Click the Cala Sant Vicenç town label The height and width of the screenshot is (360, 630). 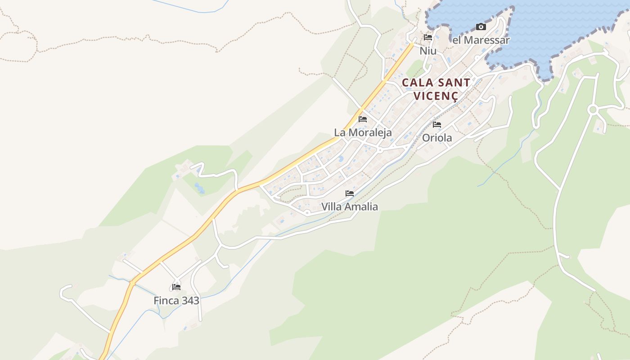(436, 89)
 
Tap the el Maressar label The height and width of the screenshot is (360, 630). (481, 40)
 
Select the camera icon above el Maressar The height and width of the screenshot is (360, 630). (481, 27)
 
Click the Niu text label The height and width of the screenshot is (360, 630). (428, 51)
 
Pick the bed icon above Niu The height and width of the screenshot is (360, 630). (428, 37)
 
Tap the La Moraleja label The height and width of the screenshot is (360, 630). (363, 133)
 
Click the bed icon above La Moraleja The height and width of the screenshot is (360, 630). (363, 119)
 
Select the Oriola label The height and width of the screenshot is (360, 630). (437, 138)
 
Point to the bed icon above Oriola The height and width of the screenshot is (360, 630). (437, 125)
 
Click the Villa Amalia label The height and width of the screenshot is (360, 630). (350, 207)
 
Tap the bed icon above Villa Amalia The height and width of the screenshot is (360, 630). (350, 193)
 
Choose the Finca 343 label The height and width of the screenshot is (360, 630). (176, 301)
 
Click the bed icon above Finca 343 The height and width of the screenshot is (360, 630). (176, 287)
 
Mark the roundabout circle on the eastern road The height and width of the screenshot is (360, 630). (593, 109)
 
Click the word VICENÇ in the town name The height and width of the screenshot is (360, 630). (436, 96)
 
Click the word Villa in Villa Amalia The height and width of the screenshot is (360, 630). (331, 207)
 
